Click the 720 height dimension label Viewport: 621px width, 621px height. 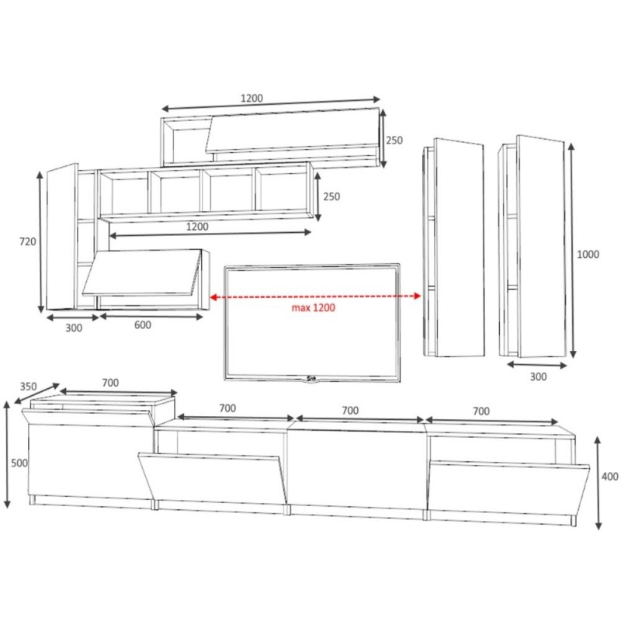point(28,241)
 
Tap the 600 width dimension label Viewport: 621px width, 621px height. point(142,325)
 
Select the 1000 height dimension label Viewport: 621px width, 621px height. point(588,255)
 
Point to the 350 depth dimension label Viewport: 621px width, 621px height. point(28,386)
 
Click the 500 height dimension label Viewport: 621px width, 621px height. point(19,463)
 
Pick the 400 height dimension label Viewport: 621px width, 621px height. point(611,476)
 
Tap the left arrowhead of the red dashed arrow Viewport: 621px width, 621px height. point(212,297)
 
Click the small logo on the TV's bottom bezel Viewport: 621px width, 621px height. point(312,378)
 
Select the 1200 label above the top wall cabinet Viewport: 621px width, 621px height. point(252,99)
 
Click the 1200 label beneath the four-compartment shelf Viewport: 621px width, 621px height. point(196,227)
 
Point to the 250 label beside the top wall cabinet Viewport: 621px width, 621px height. point(394,141)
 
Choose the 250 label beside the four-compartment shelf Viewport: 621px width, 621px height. point(331,197)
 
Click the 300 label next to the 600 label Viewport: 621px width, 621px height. point(73,328)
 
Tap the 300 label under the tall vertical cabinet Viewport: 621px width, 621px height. point(538,376)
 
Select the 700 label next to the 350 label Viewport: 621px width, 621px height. point(110,383)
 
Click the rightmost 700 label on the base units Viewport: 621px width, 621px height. point(480,411)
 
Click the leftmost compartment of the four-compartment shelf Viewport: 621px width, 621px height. point(124,194)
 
